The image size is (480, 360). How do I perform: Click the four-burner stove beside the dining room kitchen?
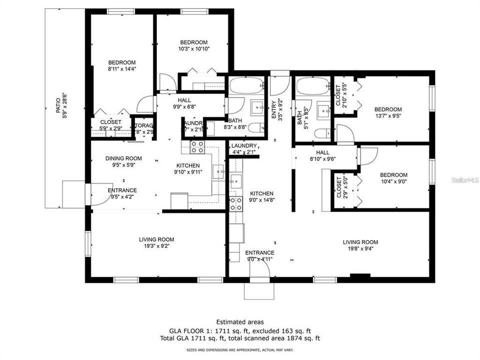coord(196,146)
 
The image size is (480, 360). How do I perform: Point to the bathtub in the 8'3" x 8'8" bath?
coord(246,86)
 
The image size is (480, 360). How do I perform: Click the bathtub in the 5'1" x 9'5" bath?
coord(313,86)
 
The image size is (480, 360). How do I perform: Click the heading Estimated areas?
coord(240,322)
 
